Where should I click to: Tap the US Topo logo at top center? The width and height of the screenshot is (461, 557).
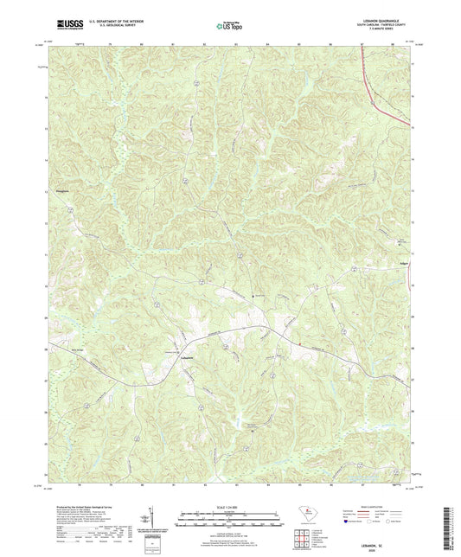(229, 27)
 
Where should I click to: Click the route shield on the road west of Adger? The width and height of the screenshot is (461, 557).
(355, 271)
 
